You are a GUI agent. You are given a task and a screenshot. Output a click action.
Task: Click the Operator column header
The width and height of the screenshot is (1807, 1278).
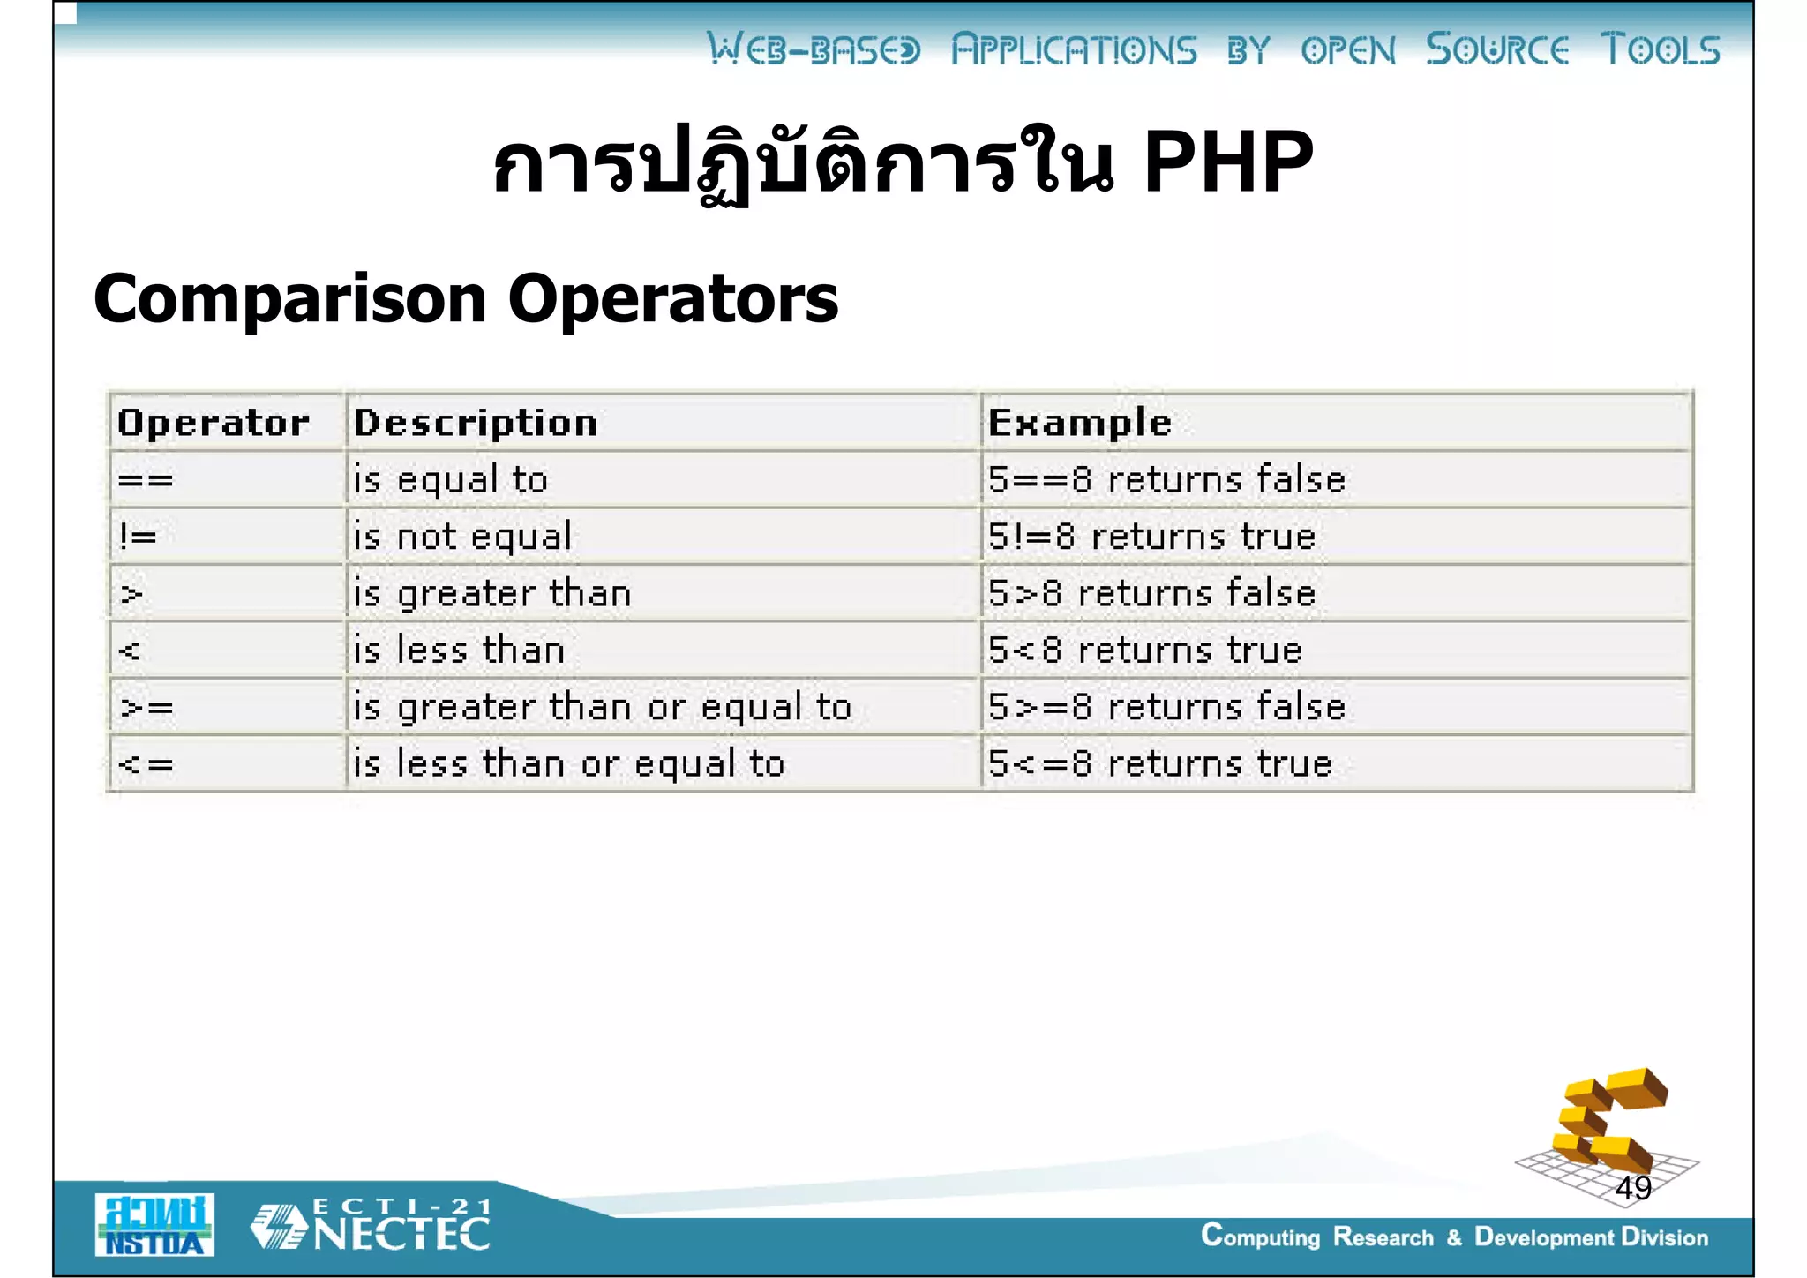[x=213, y=423]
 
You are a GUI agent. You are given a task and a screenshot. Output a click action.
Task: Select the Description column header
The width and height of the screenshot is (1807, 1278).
[x=476, y=423]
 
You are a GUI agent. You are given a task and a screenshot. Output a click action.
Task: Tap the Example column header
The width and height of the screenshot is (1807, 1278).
[x=1079, y=423]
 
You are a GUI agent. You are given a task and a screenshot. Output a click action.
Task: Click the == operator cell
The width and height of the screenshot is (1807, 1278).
[x=146, y=480]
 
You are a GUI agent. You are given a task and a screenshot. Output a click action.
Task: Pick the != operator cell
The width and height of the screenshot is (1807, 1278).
[x=139, y=537]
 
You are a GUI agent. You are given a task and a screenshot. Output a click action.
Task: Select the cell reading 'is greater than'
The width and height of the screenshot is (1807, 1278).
[x=491, y=593]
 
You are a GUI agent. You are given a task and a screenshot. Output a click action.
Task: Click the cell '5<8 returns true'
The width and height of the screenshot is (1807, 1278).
[x=1144, y=650]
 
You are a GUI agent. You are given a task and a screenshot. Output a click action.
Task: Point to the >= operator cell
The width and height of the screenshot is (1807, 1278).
[x=147, y=707]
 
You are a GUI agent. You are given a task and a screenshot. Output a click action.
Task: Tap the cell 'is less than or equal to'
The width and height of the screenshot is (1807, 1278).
[x=568, y=763]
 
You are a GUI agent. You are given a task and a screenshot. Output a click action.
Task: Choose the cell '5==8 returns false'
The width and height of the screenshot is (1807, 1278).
[x=1166, y=480]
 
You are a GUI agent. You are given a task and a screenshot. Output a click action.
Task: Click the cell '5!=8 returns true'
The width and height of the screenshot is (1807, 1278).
[x=1151, y=537]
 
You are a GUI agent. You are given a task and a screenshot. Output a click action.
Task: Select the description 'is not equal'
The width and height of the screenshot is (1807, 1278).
[x=462, y=537]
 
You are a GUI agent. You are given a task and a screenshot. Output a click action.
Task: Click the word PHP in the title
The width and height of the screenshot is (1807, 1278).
[x=1227, y=162]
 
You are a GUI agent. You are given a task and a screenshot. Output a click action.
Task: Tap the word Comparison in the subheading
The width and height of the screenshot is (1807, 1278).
[x=289, y=298]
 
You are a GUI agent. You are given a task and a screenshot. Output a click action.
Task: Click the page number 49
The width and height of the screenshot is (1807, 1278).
[x=1632, y=1188]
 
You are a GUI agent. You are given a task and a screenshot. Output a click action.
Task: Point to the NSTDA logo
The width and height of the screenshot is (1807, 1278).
[x=154, y=1225]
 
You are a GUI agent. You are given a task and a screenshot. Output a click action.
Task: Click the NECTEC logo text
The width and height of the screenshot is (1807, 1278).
[x=401, y=1233]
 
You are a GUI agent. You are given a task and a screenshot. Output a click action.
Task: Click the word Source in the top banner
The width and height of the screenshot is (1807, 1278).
[x=1497, y=49]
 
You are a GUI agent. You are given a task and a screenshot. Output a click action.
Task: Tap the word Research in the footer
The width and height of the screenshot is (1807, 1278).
[x=1383, y=1237]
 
